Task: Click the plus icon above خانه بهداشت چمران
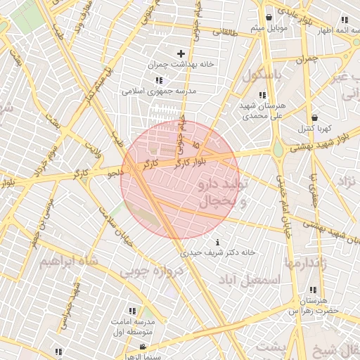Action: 181,53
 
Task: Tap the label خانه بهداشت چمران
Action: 181,64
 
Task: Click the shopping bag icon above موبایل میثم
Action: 269,18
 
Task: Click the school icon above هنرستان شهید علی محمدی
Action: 262,95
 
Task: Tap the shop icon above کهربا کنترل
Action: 314,117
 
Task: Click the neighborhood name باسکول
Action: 261,75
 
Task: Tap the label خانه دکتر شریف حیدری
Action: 217,252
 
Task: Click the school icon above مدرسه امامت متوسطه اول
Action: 132,310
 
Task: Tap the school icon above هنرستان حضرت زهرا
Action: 312,290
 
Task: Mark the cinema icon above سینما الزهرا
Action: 143,347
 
